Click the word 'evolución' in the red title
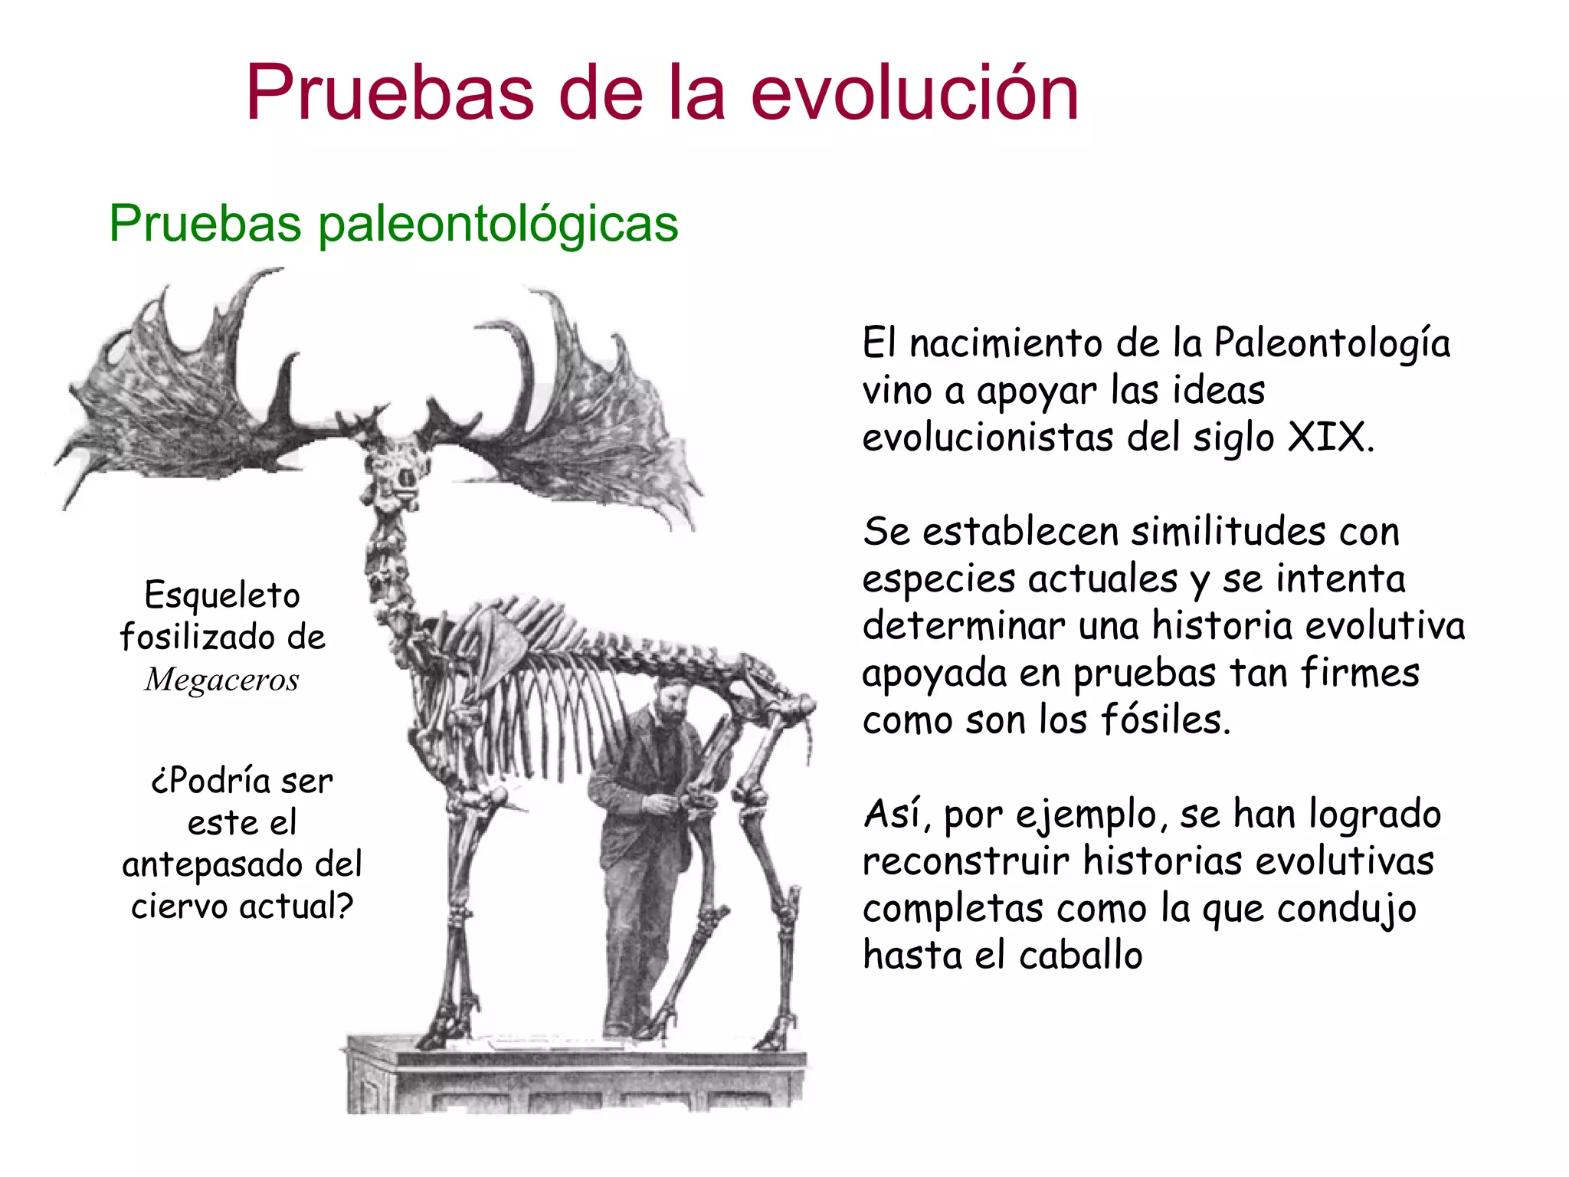[915, 93]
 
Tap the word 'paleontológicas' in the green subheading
[498, 225]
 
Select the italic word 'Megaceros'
[221, 680]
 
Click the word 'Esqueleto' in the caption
[222, 595]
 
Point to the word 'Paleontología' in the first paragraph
[1332, 344]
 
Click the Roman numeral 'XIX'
[1328, 438]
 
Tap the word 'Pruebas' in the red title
[390, 93]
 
